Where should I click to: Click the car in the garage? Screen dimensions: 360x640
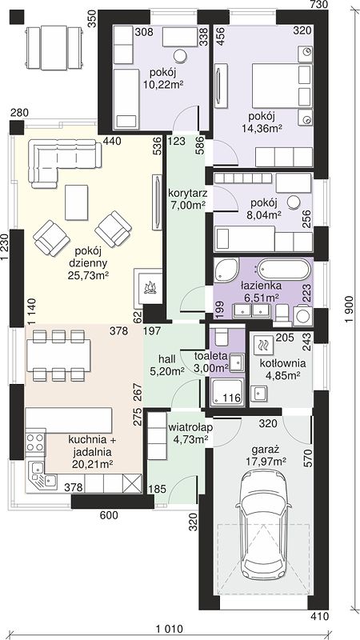pyautogui.click(x=264, y=527)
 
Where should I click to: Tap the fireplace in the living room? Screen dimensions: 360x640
pyautogui.click(x=148, y=286)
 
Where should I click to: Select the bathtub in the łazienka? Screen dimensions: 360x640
pyautogui.click(x=284, y=270)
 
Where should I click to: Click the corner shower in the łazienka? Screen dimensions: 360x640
pyautogui.click(x=226, y=270)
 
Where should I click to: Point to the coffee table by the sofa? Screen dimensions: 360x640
pyautogui.click(x=76, y=203)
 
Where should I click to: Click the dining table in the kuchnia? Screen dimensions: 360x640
pyautogui.click(x=58, y=355)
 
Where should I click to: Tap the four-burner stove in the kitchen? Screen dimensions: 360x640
pyautogui.click(x=35, y=443)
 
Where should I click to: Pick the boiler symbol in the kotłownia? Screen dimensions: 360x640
pyautogui.click(x=262, y=346)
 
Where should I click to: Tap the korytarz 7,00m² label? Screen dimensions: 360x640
pyautogui.click(x=186, y=198)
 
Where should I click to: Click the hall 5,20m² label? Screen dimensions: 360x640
pyautogui.click(x=170, y=365)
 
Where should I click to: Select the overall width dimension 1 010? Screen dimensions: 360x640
pyautogui.click(x=168, y=627)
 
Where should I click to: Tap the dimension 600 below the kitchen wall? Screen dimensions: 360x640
pyautogui.click(x=108, y=515)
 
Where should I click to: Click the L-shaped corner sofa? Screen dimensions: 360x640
pyautogui.click(x=65, y=164)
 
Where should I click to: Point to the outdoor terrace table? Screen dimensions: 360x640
pyautogui.click(x=54, y=48)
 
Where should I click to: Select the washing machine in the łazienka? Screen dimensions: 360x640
pyautogui.click(x=303, y=315)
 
